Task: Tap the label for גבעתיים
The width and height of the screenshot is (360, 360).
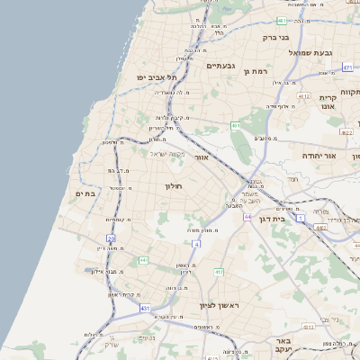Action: [x=220, y=66]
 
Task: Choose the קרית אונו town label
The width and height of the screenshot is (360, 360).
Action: [x=327, y=102]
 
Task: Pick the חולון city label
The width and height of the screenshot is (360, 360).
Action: [x=173, y=185]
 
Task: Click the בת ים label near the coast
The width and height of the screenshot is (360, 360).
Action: [x=85, y=193]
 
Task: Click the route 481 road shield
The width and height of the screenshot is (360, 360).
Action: [x=283, y=20]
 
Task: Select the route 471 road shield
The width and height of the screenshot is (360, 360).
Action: [x=347, y=67]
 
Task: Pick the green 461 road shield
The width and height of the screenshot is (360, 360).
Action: [x=235, y=126]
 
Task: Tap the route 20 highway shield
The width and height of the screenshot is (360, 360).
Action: [x=112, y=238]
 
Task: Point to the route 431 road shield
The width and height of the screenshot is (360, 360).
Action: [x=146, y=308]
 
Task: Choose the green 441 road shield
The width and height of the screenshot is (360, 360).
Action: [x=143, y=260]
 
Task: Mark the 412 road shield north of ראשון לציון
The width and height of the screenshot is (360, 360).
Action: [x=219, y=272]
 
